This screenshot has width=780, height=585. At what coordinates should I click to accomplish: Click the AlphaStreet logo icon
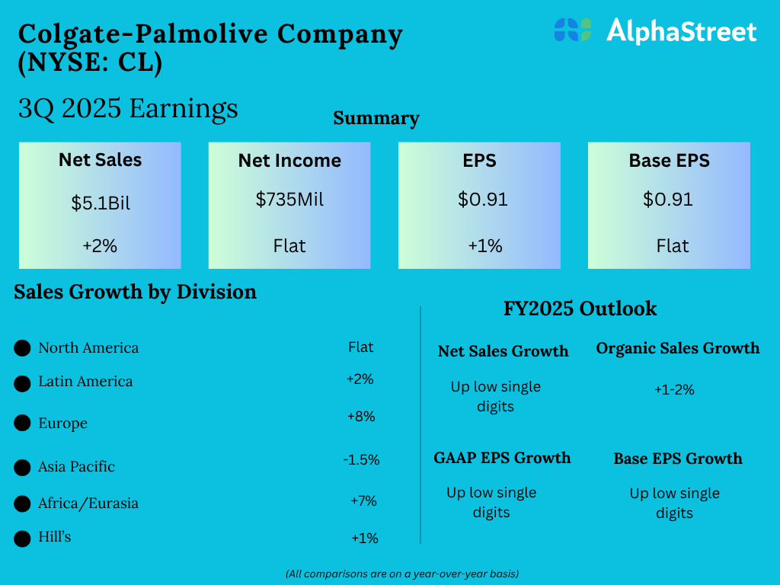573,30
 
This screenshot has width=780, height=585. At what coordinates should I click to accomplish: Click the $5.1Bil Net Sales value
101,203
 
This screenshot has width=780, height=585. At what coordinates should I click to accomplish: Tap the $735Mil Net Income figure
289,200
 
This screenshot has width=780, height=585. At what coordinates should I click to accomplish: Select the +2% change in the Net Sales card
100,246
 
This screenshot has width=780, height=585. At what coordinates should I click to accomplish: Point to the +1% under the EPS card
482,246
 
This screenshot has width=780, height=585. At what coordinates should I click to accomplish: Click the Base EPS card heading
669,161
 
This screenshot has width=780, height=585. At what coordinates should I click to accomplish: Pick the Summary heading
376,118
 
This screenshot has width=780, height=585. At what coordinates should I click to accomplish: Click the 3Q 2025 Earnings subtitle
128,108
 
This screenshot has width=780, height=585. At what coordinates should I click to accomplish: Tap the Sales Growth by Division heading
135,292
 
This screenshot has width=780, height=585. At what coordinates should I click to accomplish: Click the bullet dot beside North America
23,349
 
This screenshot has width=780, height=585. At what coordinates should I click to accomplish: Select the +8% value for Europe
360,417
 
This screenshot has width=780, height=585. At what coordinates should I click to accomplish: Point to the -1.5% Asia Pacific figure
361,460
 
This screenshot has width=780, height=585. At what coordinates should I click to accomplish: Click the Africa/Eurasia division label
88,503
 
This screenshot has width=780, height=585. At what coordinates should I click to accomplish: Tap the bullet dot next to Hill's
23,539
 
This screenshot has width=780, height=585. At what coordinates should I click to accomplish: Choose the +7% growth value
363,500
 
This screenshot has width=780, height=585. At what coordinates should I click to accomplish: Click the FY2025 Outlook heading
580,308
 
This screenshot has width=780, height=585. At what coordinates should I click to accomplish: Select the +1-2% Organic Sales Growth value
674,389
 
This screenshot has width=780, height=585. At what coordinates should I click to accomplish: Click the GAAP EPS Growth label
502,458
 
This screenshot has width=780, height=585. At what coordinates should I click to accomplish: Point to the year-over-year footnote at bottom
402,573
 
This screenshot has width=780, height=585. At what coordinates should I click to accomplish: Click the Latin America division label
85,382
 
